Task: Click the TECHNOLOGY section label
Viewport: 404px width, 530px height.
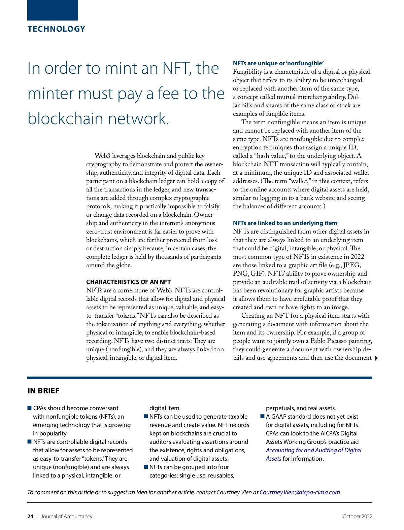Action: click(56, 29)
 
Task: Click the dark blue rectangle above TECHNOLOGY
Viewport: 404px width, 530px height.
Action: click(53, 10)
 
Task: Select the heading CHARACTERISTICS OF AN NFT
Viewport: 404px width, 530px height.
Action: click(128, 282)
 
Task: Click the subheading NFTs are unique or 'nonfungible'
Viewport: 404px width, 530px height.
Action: click(278, 63)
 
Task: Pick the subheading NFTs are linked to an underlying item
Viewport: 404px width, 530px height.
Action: click(285, 223)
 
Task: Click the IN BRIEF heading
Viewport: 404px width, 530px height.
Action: click(43, 391)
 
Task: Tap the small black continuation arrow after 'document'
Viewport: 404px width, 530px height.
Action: click(376, 358)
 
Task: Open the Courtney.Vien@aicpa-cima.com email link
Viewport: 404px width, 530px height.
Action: click(300, 492)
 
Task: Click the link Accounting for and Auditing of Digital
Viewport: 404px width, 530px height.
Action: click(313, 450)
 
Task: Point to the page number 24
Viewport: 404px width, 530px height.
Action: click(30, 517)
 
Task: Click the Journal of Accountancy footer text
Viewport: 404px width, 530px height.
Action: click(67, 517)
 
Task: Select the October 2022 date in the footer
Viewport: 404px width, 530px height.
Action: click(357, 517)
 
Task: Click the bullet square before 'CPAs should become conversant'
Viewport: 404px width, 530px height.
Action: click(29, 408)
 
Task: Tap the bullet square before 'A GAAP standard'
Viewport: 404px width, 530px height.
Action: click(262, 417)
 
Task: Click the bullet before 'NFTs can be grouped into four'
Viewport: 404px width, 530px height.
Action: click(146, 467)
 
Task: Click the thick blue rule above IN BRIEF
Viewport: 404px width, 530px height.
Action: click(200, 378)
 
